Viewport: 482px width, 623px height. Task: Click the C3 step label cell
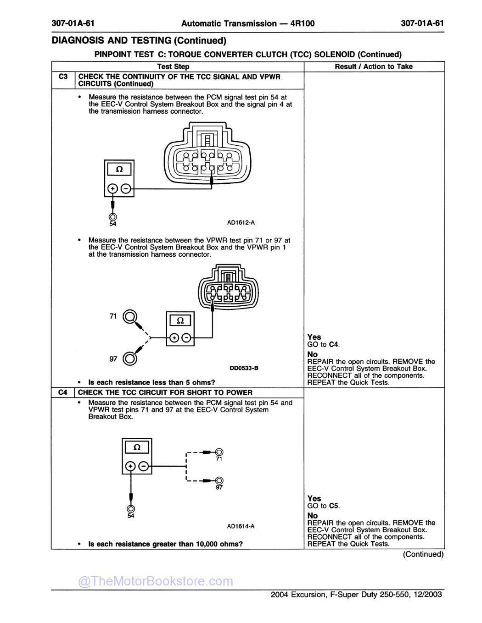point(63,77)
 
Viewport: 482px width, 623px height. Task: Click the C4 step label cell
point(63,392)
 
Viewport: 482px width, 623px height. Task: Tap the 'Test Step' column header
point(173,66)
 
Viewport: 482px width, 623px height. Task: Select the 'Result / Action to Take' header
point(374,66)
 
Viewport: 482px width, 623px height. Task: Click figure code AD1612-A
point(241,223)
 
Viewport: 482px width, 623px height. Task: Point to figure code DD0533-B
point(244,368)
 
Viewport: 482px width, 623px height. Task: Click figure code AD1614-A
point(241,526)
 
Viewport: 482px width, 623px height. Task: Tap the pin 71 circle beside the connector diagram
point(130,317)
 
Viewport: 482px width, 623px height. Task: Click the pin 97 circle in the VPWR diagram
point(130,358)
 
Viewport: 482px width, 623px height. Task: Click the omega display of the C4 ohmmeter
point(136,447)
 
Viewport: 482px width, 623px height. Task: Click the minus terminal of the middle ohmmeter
point(186,338)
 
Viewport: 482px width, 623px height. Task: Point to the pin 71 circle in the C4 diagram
point(219,452)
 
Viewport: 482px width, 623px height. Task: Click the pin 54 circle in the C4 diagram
point(131,508)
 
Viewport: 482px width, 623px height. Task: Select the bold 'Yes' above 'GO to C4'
point(314,337)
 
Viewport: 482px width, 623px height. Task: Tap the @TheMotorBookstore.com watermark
point(156,581)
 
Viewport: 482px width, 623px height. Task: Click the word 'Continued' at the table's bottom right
point(423,554)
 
